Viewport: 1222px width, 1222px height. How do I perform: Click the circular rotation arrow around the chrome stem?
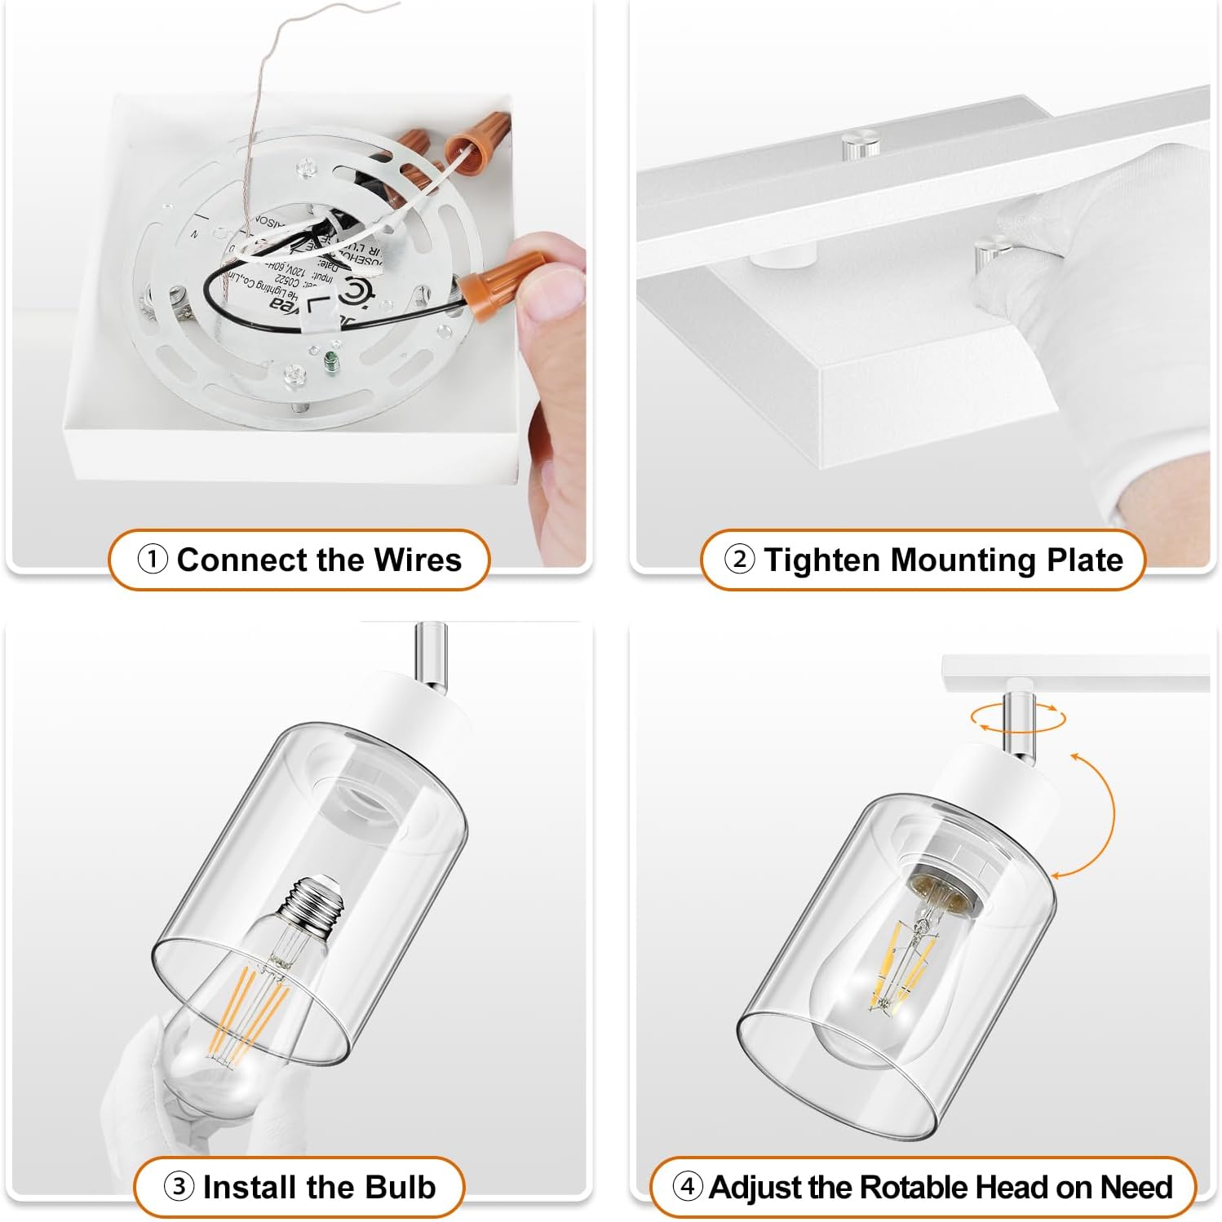click(1017, 719)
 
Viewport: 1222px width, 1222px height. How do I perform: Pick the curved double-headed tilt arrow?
click(1093, 812)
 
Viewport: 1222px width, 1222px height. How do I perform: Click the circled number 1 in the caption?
click(153, 560)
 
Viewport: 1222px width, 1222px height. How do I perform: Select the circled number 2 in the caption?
click(740, 560)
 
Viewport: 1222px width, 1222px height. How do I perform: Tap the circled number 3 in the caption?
click(179, 1186)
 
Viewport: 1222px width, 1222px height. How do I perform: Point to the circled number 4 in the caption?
click(688, 1186)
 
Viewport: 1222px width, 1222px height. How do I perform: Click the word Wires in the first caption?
click(417, 560)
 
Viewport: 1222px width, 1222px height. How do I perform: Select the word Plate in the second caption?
click(1084, 560)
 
